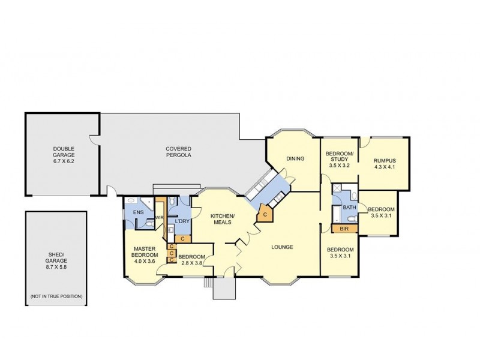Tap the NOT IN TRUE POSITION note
coord(56,297)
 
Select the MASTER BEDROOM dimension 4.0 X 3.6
coord(145,261)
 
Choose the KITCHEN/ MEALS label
coord(222,219)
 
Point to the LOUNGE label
coord(282,247)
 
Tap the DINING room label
coord(295,159)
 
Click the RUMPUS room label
coord(385,160)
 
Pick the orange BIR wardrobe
coord(344,228)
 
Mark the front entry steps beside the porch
coord(208,283)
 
